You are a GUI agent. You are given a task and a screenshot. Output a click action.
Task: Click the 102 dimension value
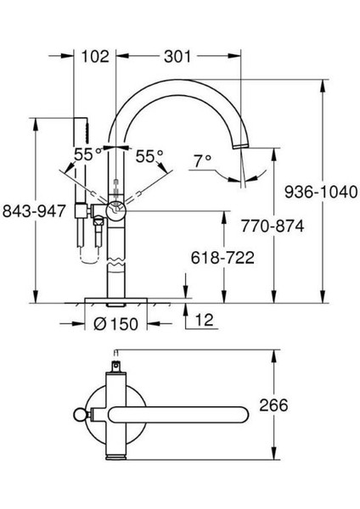(95, 57)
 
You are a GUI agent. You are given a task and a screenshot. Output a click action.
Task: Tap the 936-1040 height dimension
(321, 192)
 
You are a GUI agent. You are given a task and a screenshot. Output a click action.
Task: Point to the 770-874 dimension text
(273, 226)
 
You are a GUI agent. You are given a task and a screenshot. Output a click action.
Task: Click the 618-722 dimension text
(222, 258)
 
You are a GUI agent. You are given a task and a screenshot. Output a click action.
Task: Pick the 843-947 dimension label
(34, 211)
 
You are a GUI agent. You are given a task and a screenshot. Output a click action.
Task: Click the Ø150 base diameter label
(116, 324)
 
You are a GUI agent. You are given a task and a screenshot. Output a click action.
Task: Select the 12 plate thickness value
(205, 320)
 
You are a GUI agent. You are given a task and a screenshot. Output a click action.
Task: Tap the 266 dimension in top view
(273, 406)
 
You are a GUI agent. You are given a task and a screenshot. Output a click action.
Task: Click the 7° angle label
(202, 161)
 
